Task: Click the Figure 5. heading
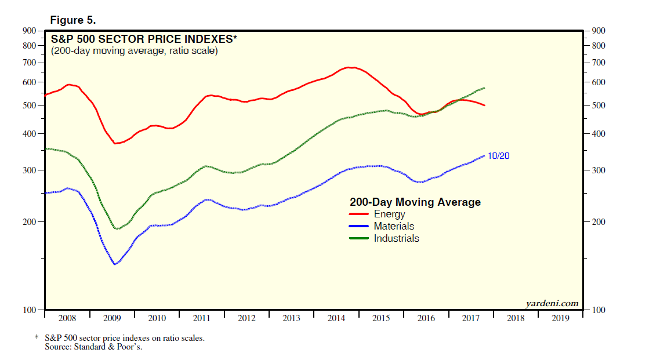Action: [x=73, y=20]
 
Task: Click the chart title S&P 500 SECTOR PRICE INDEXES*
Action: [x=144, y=39]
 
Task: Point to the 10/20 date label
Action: [x=498, y=156]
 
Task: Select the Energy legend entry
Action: [x=389, y=214]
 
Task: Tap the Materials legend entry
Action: [x=394, y=226]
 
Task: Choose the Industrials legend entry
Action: [x=396, y=238]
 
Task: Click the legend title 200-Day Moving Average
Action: [x=415, y=202]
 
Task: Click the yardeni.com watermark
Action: [x=552, y=303]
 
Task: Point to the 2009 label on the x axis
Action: [x=112, y=318]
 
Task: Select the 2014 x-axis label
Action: [x=336, y=318]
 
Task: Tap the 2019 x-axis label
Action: [x=560, y=318]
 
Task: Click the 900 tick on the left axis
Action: [x=30, y=31]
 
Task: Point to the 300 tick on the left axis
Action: [x=30, y=170]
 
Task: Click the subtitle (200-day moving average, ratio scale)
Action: [x=135, y=51]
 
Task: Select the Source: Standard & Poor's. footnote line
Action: [x=93, y=347]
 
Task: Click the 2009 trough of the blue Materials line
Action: [x=115, y=264]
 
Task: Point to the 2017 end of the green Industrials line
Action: [x=484, y=88]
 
